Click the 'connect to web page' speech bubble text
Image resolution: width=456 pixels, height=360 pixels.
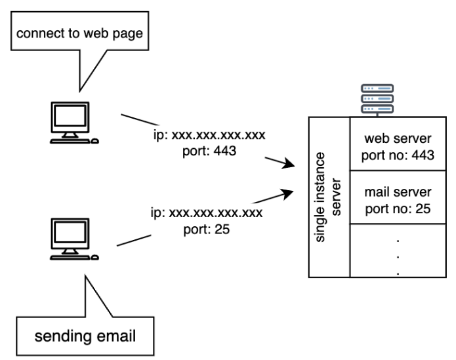(79, 33)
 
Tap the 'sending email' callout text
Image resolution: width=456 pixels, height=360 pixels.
(85, 336)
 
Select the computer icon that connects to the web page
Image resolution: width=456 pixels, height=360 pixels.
(74, 123)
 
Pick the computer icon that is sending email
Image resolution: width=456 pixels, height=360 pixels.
(74, 239)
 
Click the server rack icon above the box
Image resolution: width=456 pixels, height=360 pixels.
(377, 99)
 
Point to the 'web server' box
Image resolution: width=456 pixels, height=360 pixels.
(398, 144)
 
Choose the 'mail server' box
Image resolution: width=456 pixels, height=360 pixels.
(398, 197)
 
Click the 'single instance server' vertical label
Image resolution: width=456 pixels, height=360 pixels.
(328, 197)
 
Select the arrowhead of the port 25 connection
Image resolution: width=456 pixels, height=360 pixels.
(288, 194)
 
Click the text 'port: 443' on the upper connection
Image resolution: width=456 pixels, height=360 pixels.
(209, 151)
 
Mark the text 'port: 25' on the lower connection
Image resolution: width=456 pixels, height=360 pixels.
(207, 230)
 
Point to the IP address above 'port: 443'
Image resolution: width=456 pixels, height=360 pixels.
(209, 135)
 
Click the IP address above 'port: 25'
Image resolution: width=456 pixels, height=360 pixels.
(207, 212)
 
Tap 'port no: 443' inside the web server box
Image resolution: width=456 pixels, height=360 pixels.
(398, 155)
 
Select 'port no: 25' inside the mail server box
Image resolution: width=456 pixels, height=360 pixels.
(398, 209)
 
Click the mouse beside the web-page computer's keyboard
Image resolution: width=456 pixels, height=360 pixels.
(94, 141)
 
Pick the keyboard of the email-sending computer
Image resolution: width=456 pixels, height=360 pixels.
(70, 258)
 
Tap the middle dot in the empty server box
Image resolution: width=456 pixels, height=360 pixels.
(398, 257)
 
